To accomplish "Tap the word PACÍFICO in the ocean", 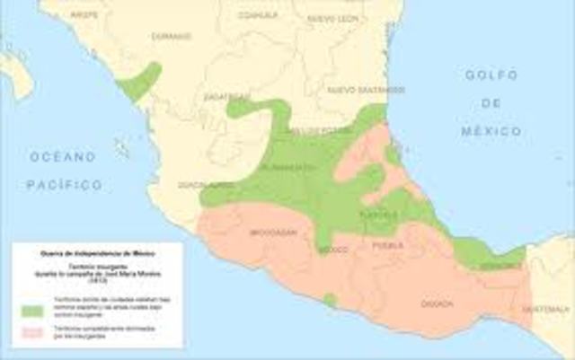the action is pos(63,184).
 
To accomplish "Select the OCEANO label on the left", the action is pos(62,156).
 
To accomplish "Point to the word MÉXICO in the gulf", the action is pos(491,131).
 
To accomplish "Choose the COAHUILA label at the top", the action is pos(259,15).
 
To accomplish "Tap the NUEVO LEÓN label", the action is pos(332,19).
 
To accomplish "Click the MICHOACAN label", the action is pos(272,231).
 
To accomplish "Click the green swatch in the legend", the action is pos(33,311).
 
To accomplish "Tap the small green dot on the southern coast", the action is pos(331,300).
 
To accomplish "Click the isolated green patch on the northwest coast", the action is pos(141,80).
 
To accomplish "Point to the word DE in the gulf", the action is pos(491,103).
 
